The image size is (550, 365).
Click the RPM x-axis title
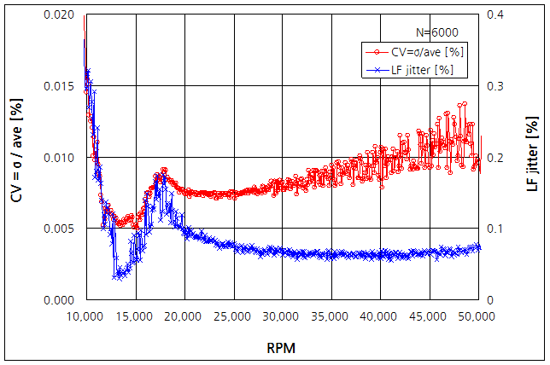(x=282, y=348)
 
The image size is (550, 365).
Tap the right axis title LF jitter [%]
(x=532, y=158)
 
